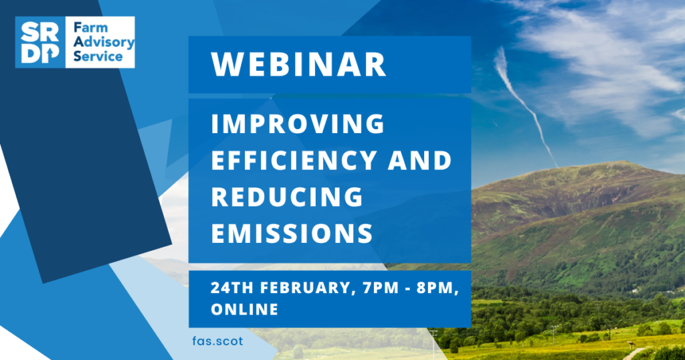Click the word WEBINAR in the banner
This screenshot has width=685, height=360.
coord(298,65)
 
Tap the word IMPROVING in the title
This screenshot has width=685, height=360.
coord(298,123)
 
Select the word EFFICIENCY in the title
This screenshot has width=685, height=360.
coord(294,160)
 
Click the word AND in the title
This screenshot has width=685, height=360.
coord(419,160)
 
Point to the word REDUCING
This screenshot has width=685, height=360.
coord(287,197)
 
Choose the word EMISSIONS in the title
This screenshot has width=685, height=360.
coord(292,234)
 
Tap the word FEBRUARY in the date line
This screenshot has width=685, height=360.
coord(308,288)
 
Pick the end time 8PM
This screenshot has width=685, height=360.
coord(437,288)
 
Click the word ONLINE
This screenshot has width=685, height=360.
coord(245,309)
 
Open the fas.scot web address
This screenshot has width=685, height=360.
coord(217,341)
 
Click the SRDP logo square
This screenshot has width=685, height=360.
coord(40,42)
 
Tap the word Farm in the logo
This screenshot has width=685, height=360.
coord(90,27)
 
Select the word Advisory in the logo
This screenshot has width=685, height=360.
coord(104,42)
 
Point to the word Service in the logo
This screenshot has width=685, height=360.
coord(98,56)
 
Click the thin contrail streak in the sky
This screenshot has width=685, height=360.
coord(522,105)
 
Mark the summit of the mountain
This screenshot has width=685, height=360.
coord(623,163)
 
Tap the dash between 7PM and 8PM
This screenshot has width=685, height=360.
coord(407,289)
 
